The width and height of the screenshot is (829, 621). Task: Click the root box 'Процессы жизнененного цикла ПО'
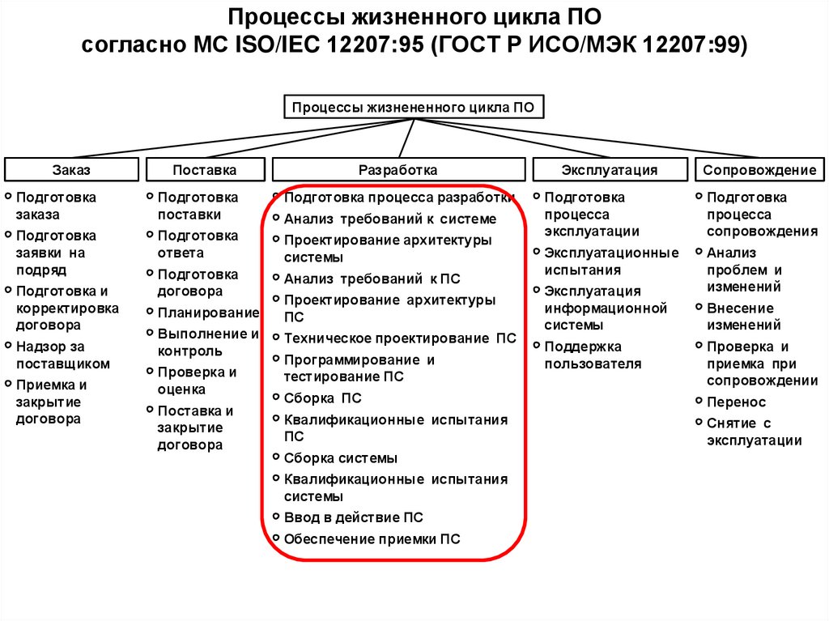point(413,107)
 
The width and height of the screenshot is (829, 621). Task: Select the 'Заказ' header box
point(71,170)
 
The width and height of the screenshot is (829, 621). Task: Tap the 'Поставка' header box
point(205,170)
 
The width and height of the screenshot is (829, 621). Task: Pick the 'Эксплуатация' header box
point(609,170)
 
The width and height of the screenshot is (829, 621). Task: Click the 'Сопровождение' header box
point(759,170)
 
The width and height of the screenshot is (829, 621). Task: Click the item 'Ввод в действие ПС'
point(353,517)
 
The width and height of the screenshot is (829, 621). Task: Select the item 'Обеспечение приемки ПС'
point(372,539)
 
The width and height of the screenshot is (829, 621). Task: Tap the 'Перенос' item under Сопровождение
point(736,402)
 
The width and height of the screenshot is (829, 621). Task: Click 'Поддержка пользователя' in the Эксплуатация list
point(593,355)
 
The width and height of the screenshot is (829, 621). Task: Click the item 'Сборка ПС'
point(322,398)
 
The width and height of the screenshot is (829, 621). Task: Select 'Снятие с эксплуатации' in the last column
point(753,432)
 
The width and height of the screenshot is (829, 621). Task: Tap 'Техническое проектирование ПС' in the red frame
point(399,339)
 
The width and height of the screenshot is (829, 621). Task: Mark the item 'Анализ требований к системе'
point(389,219)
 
